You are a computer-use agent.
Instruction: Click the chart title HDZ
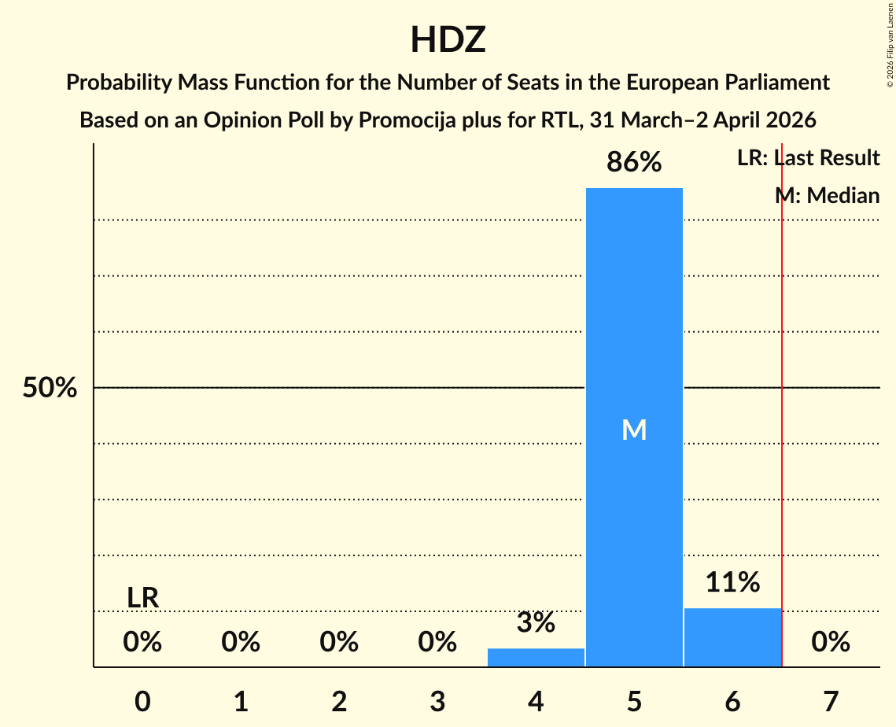pyautogui.click(x=448, y=40)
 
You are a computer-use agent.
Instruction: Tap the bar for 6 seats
pyautogui.click(x=732, y=637)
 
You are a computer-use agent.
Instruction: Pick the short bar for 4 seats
pyautogui.click(x=536, y=657)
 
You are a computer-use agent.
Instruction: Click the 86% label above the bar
pyautogui.click(x=634, y=163)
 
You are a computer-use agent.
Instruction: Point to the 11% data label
pyautogui.click(x=732, y=583)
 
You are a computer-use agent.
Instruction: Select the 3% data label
pyautogui.click(x=536, y=623)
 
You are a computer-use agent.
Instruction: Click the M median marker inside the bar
pyautogui.click(x=634, y=430)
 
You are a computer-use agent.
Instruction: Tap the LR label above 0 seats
pyautogui.click(x=142, y=598)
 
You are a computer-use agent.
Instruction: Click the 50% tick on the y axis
pyautogui.click(x=50, y=388)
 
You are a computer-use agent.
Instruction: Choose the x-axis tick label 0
pyautogui.click(x=142, y=701)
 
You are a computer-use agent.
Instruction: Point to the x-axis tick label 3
pyautogui.click(x=437, y=701)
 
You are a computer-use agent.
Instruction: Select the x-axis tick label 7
pyautogui.click(x=831, y=701)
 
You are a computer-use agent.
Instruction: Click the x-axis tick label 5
pyautogui.click(x=634, y=701)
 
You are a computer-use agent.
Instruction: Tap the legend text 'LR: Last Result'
pyautogui.click(x=808, y=158)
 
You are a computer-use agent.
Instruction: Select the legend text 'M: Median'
pyautogui.click(x=827, y=195)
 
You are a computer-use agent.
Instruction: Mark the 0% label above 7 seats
pyautogui.click(x=831, y=643)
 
